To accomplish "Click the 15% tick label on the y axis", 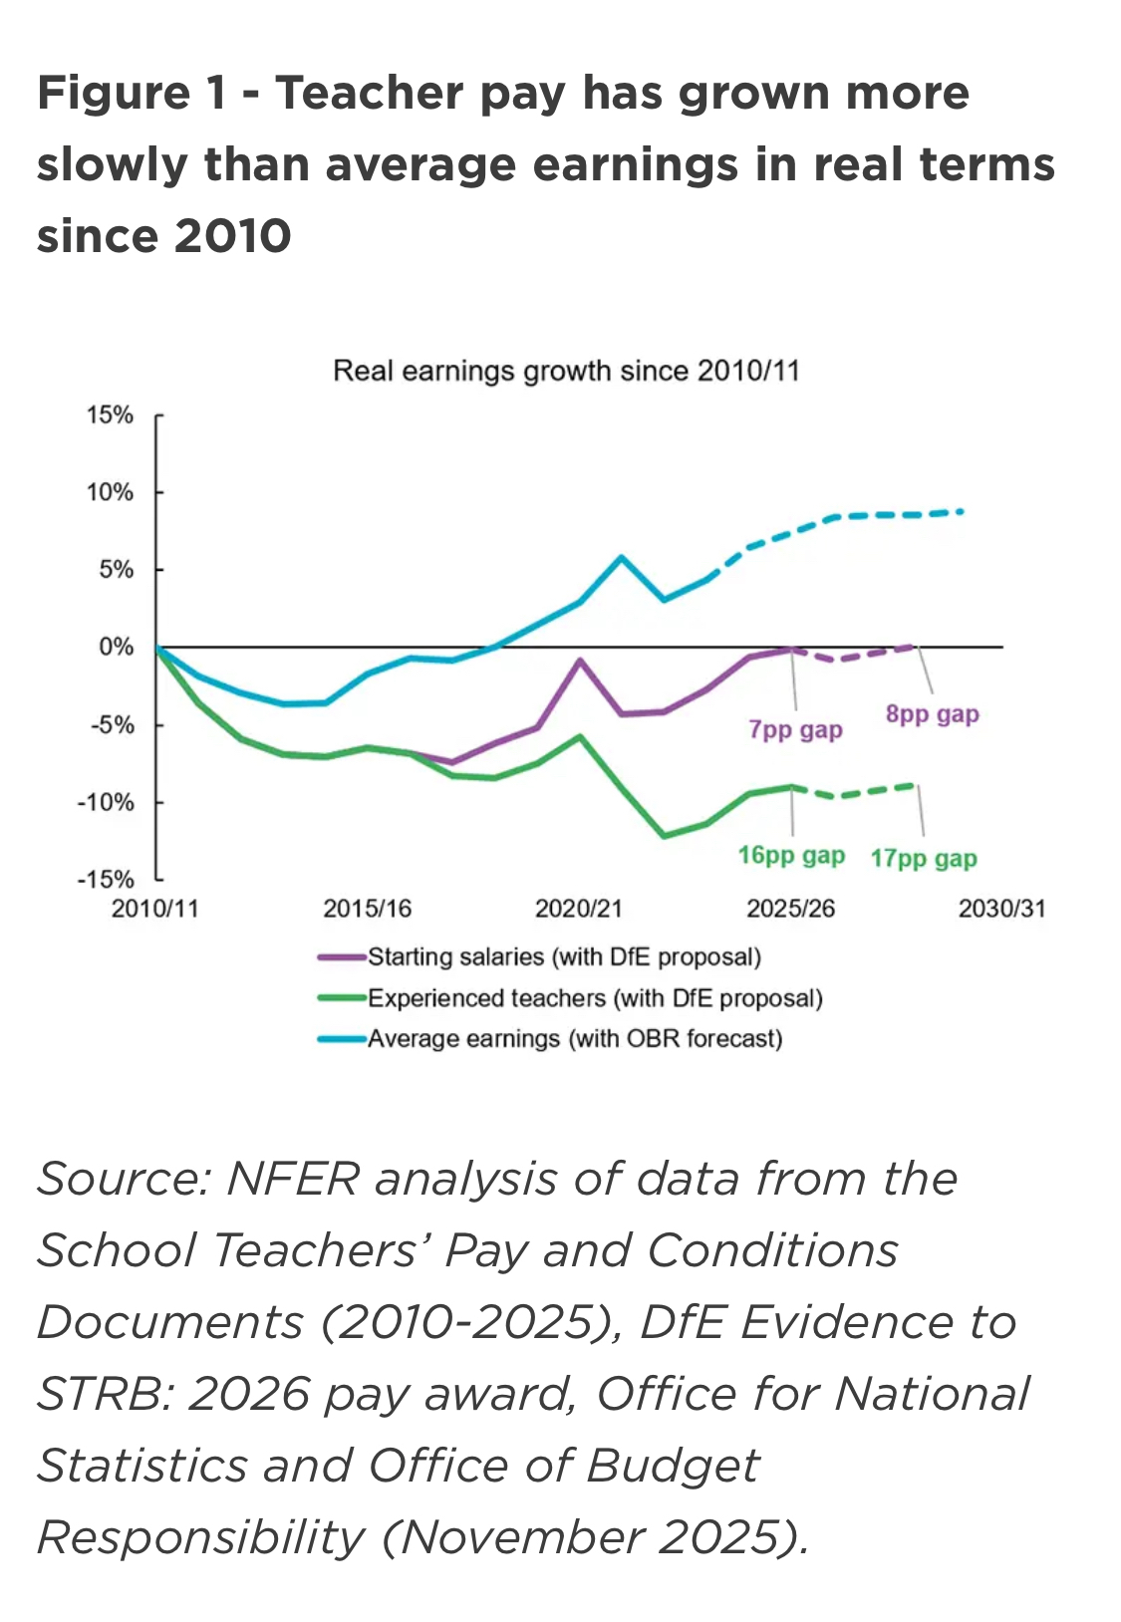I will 110,414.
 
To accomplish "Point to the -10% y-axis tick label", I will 106,802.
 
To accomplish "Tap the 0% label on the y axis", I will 116,648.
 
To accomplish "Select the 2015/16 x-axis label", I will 367,909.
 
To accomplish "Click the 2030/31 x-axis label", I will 1001,909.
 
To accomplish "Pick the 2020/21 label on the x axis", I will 578,909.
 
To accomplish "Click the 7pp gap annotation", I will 795,730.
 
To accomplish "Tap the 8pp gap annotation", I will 932,714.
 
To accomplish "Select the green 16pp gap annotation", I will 791,856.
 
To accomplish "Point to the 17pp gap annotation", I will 924,859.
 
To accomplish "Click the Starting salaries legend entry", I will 564,957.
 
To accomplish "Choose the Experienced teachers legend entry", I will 595,998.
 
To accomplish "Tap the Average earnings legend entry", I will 575,1039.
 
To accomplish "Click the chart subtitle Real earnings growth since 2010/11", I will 566,371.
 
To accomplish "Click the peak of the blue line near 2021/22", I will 622,557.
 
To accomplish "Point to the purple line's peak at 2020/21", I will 580,660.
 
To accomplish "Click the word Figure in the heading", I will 113,94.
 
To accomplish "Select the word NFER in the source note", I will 292,1180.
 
